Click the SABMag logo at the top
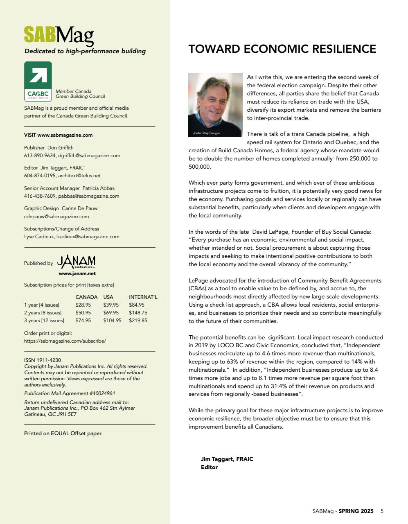[59, 36]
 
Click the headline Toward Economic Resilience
[282, 49]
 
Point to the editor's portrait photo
[215, 104]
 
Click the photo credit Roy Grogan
[206, 133]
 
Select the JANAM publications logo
[77, 261]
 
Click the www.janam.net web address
[77, 273]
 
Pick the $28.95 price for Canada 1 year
[83, 305]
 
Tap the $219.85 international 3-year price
[138, 321]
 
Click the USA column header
[108, 297]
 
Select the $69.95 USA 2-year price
[111, 313]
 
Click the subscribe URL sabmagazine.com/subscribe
[65, 341]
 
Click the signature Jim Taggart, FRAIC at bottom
[227, 459]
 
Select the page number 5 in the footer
[382, 511]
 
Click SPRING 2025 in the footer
[356, 511]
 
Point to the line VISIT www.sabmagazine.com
[58, 135]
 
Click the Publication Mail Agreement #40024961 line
[70, 393]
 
